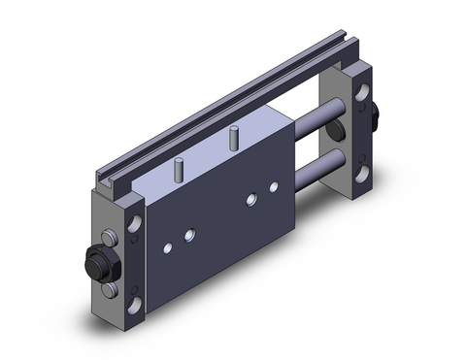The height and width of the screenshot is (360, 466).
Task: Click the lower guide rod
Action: tap(320, 164)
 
